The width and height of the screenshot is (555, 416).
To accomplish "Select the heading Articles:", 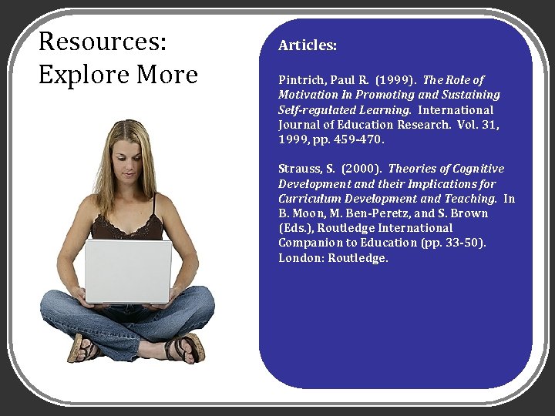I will click(308, 46).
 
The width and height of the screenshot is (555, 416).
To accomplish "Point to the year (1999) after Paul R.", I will click(398, 80).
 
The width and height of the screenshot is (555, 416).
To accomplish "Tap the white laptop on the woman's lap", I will click(128, 271).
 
